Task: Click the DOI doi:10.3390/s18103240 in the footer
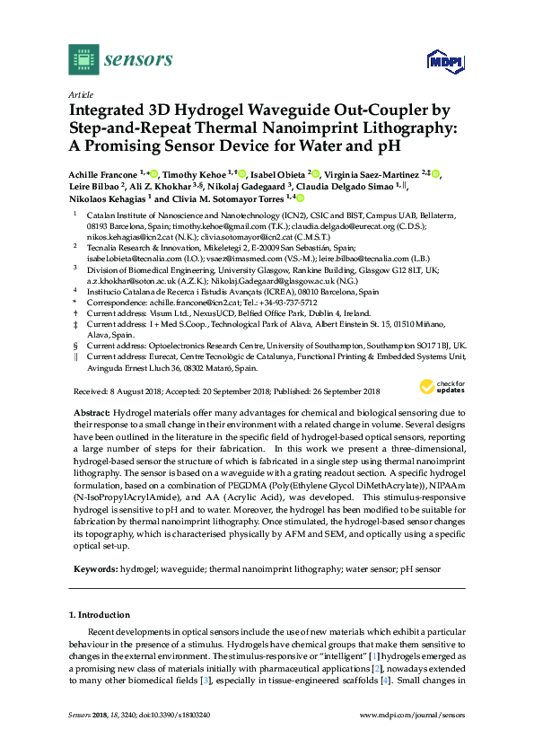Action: tap(171, 739)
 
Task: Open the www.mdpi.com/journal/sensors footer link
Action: tap(412, 739)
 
